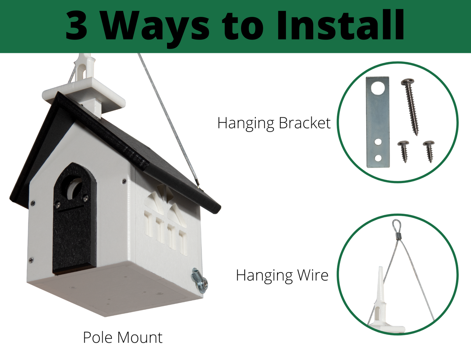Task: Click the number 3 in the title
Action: [x=77, y=25]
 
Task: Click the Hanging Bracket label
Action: [x=274, y=123]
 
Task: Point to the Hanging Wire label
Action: [x=282, y=275]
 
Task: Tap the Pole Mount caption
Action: [x=123, y=338]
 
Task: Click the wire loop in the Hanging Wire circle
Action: [x=397, y=225]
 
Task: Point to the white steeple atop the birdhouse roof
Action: [x=86, y=88]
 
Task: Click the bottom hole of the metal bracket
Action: [x=378, y=158]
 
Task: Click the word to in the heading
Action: [x=242, y=26]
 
